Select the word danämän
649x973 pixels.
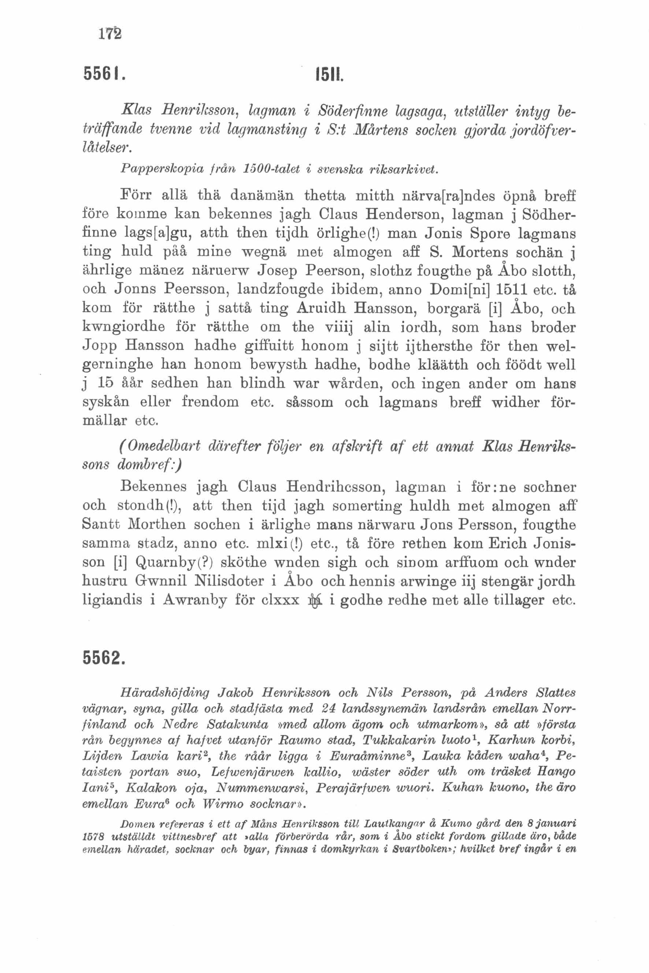[262, 195]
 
